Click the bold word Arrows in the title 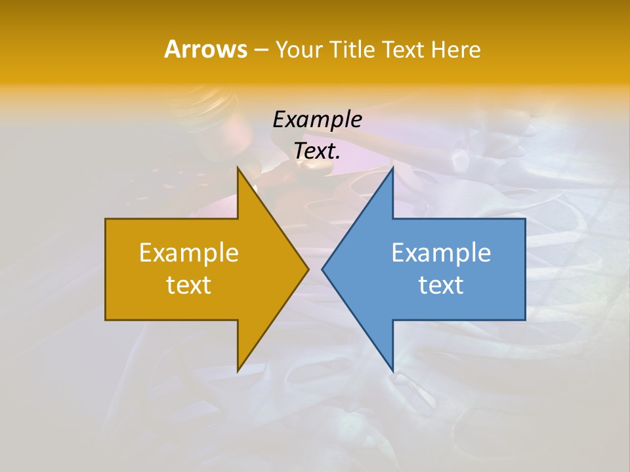[x=205, y=49]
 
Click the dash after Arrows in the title [x=261, y=50]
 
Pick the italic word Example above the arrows [x=318, y=119]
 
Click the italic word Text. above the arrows [x=318, y=151]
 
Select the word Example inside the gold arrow [x=189, y=252]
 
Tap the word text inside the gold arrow [x=189, y=285]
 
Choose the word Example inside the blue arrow [x=441, y=252]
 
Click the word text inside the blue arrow [x=441, y=285]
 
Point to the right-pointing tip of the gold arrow [x=308, y=269]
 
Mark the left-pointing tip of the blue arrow [x=322, y=269]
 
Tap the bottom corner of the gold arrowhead [x=238, y=371]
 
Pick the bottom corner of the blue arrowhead [x=392, y=371]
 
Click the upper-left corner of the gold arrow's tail [x=106, y=219]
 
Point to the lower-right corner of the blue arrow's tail [x=525, y=319]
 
